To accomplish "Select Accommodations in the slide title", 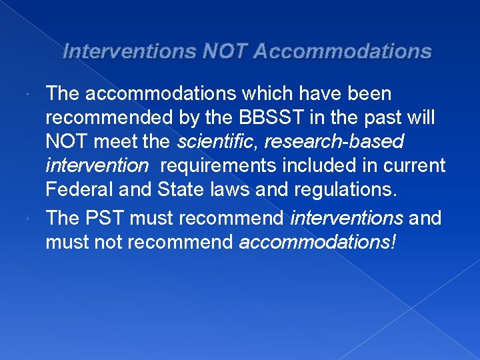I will coord(343,51).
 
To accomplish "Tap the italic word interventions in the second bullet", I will coord(347,218).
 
